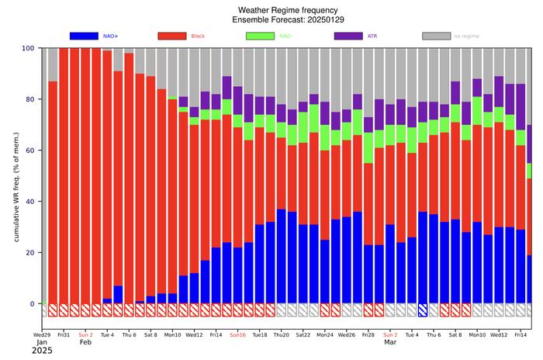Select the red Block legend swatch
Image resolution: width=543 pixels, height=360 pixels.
coord(172,36)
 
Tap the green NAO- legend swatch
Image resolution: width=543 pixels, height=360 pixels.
coord(261,36)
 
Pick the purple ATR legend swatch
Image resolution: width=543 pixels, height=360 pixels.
coord(349,36)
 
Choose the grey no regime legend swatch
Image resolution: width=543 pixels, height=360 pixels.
coord(438,36)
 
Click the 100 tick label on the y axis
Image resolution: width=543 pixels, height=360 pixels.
coord(28,48)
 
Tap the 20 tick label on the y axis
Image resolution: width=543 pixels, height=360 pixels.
coord(30,253)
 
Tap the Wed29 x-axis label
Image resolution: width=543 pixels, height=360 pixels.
coord(42,335)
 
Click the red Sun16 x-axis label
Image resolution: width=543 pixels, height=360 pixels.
coord(237,335)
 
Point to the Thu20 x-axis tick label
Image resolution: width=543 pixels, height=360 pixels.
coord(281,335)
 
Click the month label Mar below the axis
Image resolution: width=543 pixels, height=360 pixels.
coord(390,343)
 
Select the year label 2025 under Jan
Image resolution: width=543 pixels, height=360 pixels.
coord(43,351)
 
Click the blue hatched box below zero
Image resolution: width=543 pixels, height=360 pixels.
coord(423,310)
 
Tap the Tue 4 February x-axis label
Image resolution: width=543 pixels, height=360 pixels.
coord(107,335)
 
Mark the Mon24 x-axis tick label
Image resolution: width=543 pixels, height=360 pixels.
coord(324,335)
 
